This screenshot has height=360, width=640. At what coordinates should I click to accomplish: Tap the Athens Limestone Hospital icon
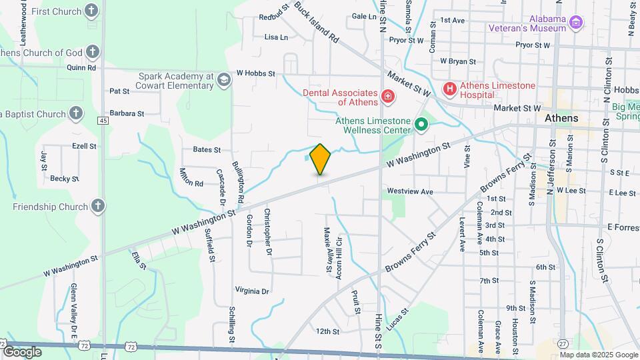tap(450, 88)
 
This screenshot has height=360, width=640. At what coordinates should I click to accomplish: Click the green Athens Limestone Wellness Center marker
tap(421, 124)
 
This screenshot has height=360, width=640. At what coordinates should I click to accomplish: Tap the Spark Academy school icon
tap(224, 81)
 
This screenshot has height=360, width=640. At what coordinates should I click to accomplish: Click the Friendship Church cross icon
tap(98, 207)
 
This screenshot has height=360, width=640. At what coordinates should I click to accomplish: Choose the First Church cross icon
tap(92, 11)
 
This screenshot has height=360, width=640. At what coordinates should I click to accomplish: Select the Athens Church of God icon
tap(92, 52)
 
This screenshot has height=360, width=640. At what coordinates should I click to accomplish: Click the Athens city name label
tap(561, 117)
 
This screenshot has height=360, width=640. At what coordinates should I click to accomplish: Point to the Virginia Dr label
tap(251, 291)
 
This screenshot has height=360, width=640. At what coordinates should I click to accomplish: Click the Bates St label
tap(207, 150)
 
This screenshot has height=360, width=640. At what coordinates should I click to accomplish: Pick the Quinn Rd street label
tap(81, 67)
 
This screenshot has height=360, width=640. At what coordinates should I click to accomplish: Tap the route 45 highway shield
tap(103, 120)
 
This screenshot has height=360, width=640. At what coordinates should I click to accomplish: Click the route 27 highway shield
tap(563, 343)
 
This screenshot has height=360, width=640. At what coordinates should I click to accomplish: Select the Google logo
tap(22, 351)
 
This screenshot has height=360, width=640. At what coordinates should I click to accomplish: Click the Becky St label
tap(65, 179)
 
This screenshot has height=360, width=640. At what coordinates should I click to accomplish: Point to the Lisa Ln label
tap(276, 37)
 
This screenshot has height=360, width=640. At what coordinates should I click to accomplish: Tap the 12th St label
tap(327, 331)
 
